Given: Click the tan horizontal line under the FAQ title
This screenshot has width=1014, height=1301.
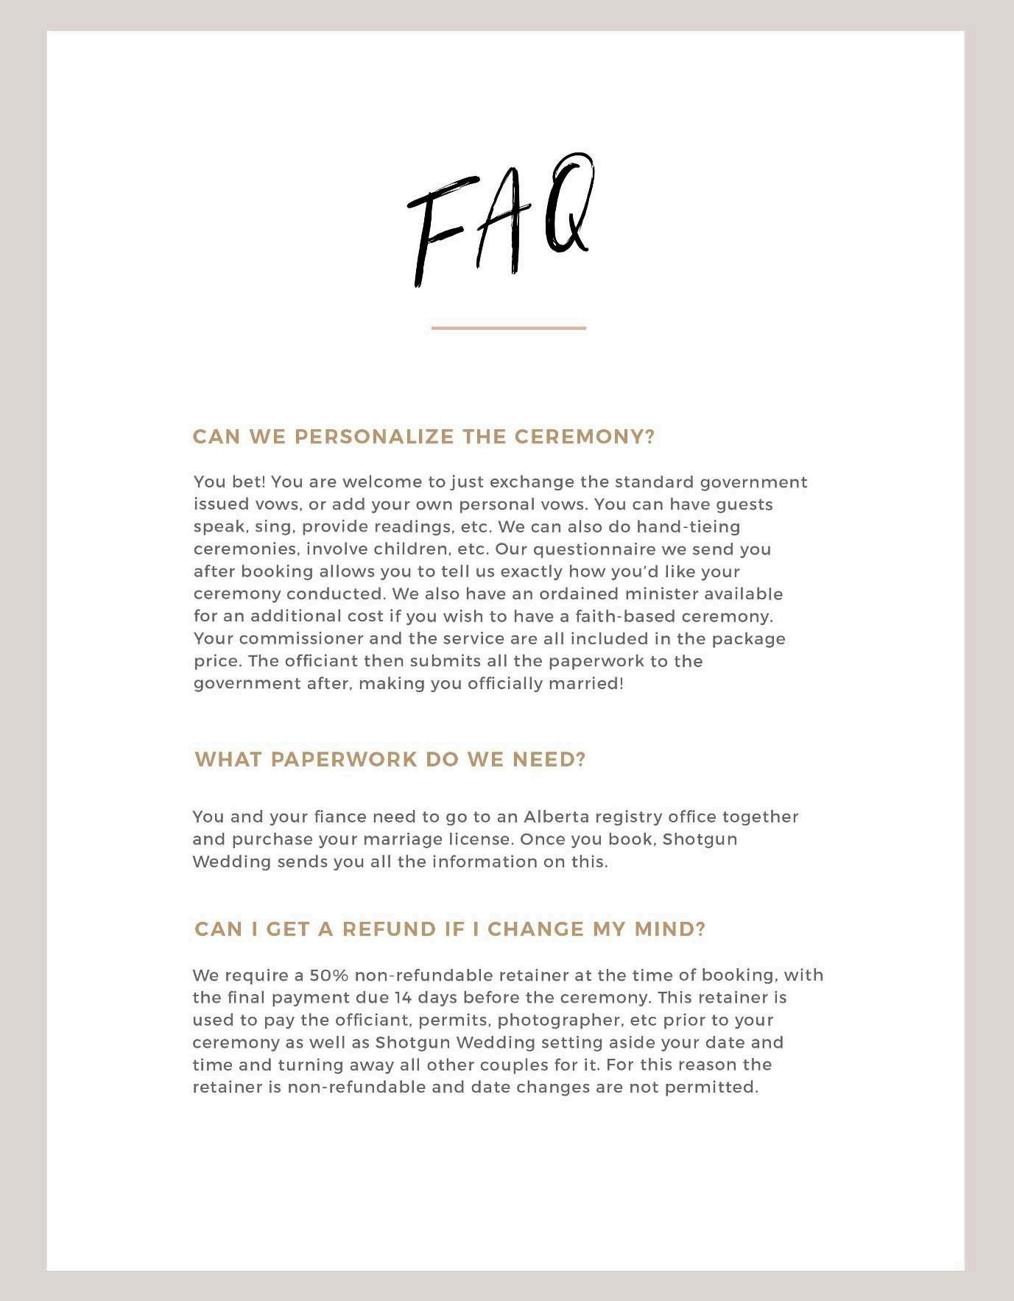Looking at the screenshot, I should pyautogui.click(x=508, y=328).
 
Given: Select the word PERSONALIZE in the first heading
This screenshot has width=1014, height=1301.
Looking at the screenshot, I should pyautogui.click(x=373, y=437).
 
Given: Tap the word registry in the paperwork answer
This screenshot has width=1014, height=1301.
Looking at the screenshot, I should pyautogui.click(x=626, y=817).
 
